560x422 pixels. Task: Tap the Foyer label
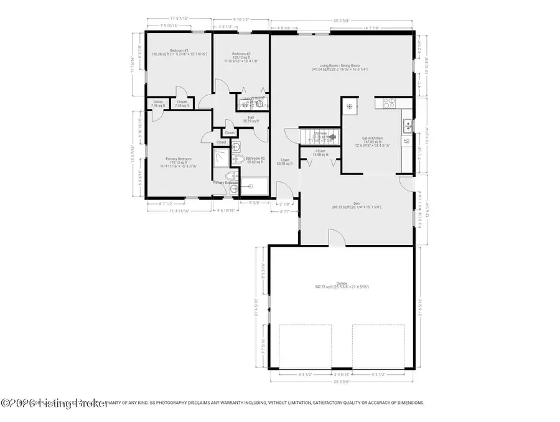(x=284, y=160)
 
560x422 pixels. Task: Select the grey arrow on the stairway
(x=332, y=136)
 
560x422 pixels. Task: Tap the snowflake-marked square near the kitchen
(x=350, y=106)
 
